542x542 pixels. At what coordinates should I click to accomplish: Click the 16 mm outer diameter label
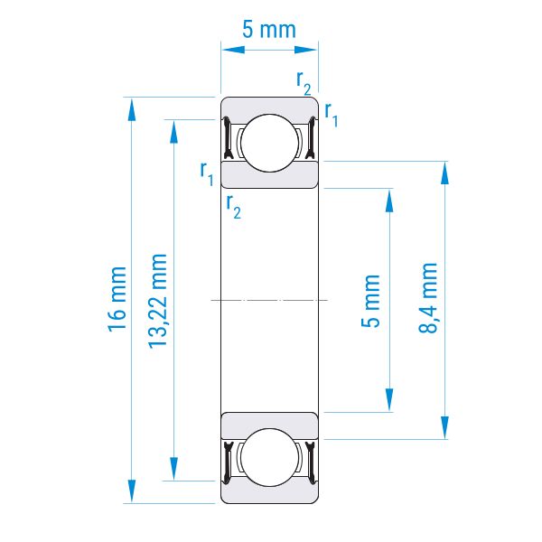[x=117, y=299]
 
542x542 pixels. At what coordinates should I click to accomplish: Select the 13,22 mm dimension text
[x=157, y=301]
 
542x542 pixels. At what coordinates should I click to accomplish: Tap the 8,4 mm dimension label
[x=428, y=298]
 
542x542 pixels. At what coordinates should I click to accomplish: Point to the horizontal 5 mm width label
[x=269, y=30]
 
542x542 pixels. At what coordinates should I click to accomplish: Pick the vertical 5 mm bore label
[x=370, y=301]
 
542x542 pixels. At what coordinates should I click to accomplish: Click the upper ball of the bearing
[x=269, y=143]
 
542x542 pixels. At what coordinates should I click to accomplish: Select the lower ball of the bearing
[x=269, y=458]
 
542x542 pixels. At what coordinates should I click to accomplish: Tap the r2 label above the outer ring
[x=304, y=82]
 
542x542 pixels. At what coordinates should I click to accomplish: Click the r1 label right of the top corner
[x=332, y=115]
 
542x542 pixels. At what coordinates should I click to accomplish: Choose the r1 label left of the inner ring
[x=207, y=173]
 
